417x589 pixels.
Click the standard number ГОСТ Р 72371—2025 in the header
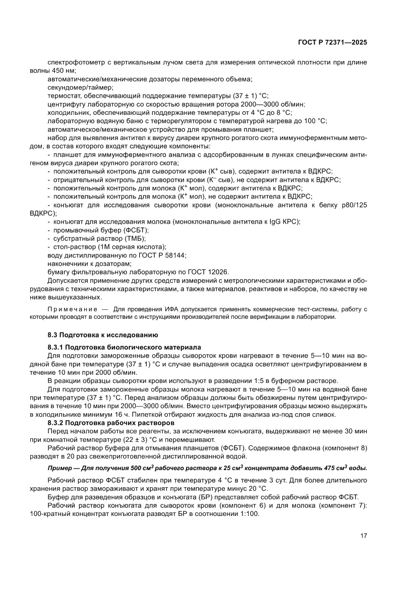coord(331,43)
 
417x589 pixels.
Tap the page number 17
coord(363,535)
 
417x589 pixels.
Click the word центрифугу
coord(66,104)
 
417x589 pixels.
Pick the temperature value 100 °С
coord(314,121)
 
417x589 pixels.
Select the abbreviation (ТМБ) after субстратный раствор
coord(135,238)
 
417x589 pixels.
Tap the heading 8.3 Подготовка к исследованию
coord(103,335)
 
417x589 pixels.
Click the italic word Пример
coord(59,468)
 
